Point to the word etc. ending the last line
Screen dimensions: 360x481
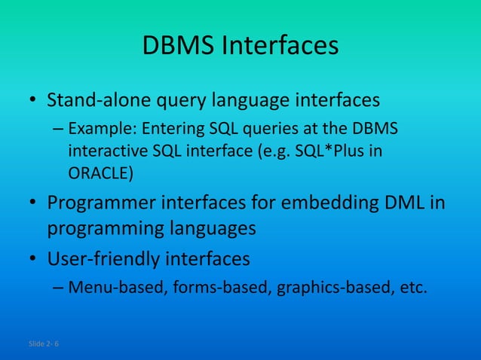pos(411,287)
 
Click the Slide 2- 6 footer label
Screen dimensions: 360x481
pos(44,343)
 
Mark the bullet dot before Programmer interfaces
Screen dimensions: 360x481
pos(34,205)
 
